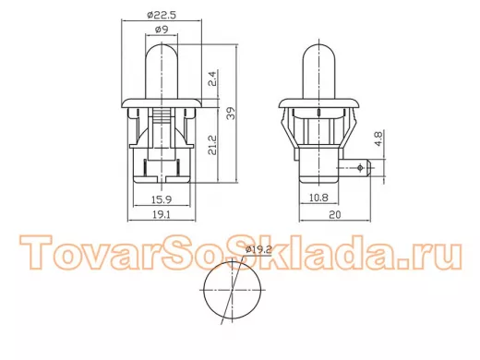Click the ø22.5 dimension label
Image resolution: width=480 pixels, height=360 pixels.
[162, 15]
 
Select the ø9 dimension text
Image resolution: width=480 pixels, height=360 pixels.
[162, 30]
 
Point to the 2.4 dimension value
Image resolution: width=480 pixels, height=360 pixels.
[213, 78]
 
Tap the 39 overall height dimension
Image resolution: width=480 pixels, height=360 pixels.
[231, 113]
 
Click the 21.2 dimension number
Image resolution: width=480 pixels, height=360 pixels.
[212, 145]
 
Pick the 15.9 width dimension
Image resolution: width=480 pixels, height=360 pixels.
[162, 199]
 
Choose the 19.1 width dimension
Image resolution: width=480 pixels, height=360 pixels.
[162, 214]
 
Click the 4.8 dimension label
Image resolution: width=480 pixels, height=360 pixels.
[378, 138]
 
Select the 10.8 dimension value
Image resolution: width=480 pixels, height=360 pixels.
[318, 198]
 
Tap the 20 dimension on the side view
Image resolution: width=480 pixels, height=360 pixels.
[335, 214]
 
